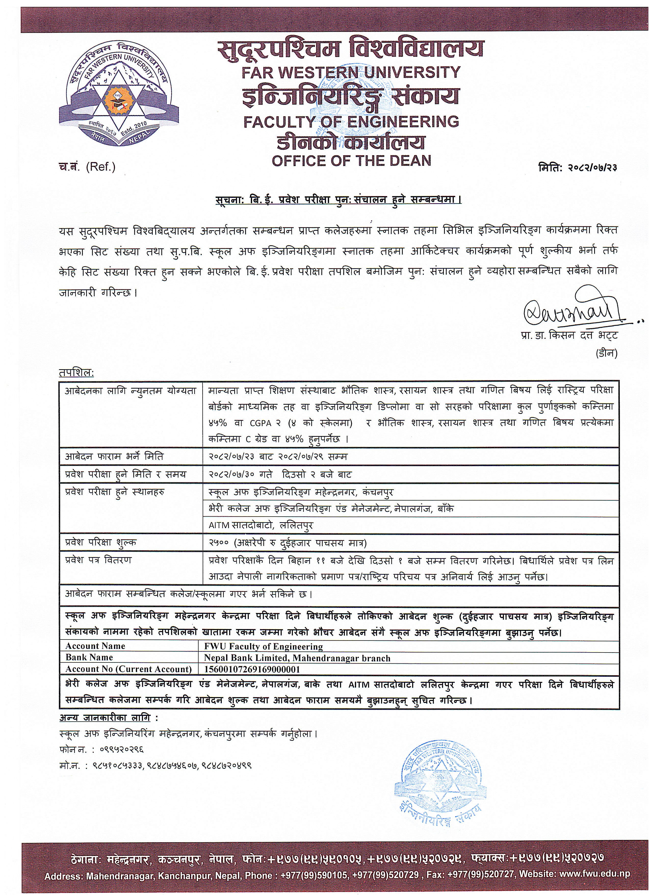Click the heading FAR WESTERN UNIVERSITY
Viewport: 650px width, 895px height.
coord(351,72)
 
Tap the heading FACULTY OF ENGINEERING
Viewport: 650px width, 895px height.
coord(351,122)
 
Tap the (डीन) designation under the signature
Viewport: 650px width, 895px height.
coord(606,353)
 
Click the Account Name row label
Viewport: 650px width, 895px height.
coord(95,646)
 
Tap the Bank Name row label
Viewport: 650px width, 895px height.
coord(89,657)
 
